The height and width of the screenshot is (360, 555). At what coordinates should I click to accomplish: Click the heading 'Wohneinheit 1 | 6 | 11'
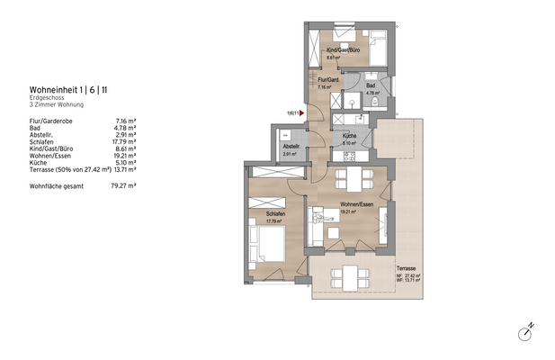coord(68,90)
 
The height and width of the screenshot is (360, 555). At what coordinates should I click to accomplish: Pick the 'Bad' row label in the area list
coord(35,128)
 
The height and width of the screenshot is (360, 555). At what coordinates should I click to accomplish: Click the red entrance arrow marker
coord(302,112)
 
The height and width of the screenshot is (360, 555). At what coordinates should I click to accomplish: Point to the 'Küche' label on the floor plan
coord(349,136)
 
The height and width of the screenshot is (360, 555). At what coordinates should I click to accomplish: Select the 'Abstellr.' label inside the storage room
coord(291,146)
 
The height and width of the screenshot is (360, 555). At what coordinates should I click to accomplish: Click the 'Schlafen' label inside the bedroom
coord(276,213)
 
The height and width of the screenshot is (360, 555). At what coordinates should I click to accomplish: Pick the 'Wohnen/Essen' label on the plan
coord(356,205)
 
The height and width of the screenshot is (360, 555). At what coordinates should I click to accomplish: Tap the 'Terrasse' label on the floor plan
coord(406,268)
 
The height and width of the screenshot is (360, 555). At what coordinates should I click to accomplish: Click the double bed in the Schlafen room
coord(268,240)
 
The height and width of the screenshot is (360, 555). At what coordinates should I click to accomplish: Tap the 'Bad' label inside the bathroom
coord(371,85)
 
